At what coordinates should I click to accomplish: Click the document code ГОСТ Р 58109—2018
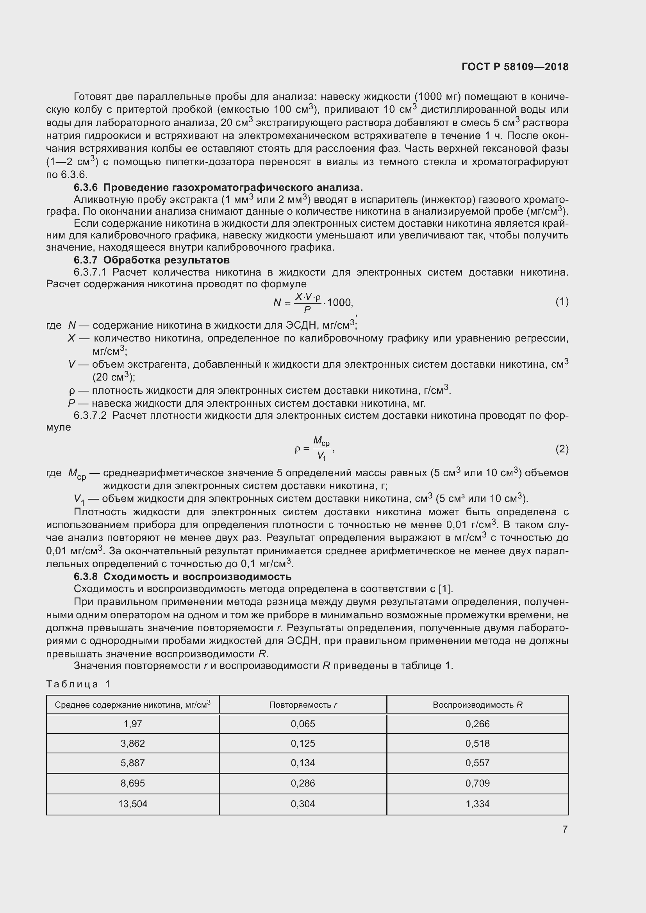(x=515, y=67)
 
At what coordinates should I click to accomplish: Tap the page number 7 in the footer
(x=565, y=829)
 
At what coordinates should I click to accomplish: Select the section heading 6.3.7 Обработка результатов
(x=152, y=260)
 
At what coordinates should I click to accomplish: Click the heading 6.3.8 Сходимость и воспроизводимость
(x=182, y=576)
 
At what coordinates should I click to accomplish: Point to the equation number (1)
(x=562, y=302)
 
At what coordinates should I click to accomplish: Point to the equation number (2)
(x=562, y=449)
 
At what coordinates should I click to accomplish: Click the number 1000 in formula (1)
(x=340, y=303)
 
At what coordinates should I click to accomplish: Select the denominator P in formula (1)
(x=307, y=310)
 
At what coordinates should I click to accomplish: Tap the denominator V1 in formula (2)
(x=321, y=456)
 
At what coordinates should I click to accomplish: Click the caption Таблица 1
(x=78, y=684)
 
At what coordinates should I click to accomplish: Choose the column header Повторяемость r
(x=303, y=705)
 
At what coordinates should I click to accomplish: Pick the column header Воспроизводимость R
(x=477, y=705)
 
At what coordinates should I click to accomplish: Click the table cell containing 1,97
(x=132, y=724)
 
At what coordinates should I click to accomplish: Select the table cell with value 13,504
(x=132, y=804)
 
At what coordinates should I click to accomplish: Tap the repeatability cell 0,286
(x=303, y=783)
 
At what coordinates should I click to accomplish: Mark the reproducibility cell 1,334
(x=477, y=804)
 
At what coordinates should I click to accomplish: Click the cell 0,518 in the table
(x=477, y=743)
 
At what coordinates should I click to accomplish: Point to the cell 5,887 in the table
(x=132, y=763)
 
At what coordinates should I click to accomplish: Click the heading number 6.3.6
(x=86, y=187)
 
